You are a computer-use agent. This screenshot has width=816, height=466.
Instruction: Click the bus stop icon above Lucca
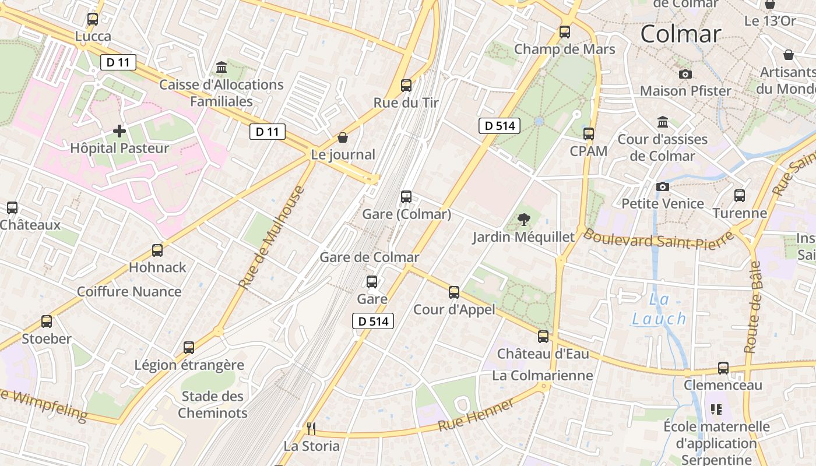coord(93,19)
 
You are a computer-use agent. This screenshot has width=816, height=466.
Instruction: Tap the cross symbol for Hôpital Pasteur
coord(119,131)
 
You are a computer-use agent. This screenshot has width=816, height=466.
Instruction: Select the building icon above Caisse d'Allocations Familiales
coord(221,68)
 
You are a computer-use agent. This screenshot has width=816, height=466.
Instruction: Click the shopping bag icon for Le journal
coord(343,137)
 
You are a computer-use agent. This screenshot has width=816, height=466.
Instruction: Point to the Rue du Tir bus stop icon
coord(406,86)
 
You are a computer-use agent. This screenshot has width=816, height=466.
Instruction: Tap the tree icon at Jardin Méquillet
coord(524,220)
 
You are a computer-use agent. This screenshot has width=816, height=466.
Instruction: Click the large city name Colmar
coord(680,34)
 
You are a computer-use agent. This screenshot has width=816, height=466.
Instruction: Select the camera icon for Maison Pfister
coord(685,74)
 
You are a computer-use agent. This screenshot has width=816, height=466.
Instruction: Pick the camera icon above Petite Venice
coord(663,186)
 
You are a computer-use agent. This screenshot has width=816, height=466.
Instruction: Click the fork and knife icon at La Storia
coord(311,429)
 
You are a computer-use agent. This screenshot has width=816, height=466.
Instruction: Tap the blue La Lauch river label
coord(659,310)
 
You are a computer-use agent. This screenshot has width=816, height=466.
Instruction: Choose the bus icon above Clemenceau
coord(723,368)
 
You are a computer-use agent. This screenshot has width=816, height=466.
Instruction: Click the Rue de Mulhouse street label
coord(272,237)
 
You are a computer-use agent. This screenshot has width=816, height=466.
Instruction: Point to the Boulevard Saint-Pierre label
coord(659,239)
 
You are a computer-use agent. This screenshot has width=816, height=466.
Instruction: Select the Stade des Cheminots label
coord(212,405)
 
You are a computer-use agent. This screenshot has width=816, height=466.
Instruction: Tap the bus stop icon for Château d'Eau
coord(543,336)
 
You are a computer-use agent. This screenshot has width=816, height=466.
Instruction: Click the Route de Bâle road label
coord(753,307)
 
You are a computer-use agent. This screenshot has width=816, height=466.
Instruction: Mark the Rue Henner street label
coord(476,415)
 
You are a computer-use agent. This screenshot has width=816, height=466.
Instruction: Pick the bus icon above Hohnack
coord(157,250)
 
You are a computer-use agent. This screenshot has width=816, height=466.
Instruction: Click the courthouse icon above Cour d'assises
coord(663,122)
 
